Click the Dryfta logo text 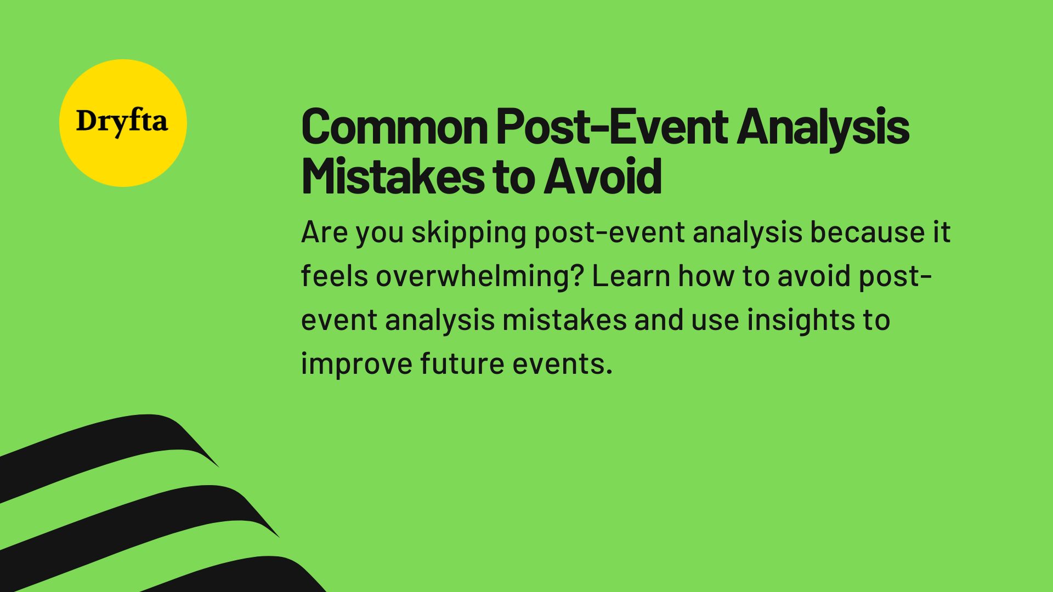point(122,122)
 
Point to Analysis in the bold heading point(823,127)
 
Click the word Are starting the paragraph point(324,232)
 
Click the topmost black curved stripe point(110,444)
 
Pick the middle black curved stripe point(137,513)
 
